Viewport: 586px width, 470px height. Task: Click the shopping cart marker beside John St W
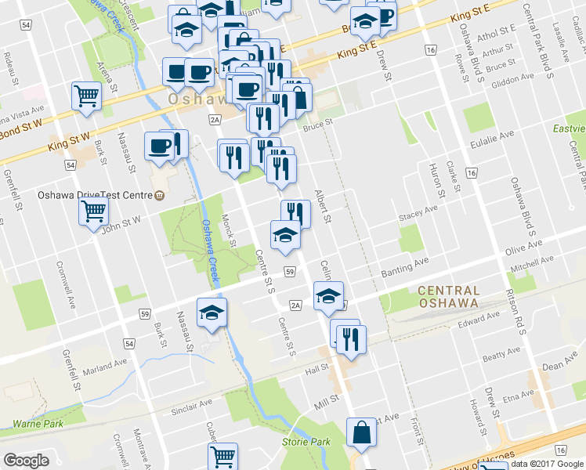(x=93, y=210)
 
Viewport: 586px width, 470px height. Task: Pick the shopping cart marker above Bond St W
(x=86, y=96)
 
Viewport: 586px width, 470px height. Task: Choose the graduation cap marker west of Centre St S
(x=211, y=313)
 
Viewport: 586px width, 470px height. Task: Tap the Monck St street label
(x=228, y=231)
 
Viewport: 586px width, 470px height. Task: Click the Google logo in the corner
(x=26, y=461)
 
